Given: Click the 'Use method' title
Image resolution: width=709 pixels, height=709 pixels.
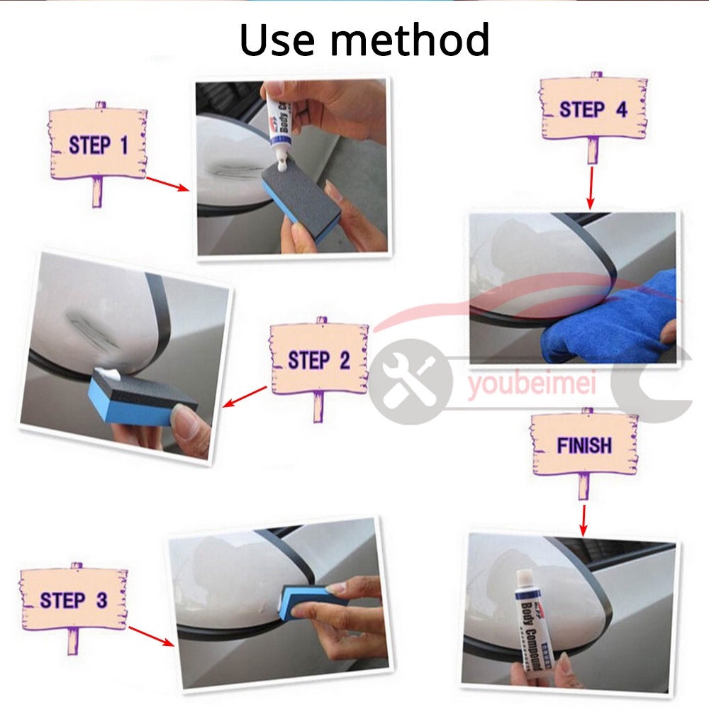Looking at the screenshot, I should (x=364, y=40).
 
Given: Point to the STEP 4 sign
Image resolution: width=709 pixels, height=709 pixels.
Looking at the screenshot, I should (x=593, y=109).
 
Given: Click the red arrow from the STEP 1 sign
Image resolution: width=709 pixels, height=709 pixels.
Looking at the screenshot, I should (x=167, y=184).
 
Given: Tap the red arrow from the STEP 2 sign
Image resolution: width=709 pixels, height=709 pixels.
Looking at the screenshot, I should (x=245, y=397).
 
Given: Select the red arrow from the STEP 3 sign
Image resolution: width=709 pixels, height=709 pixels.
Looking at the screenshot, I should (x=151, y=636).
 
